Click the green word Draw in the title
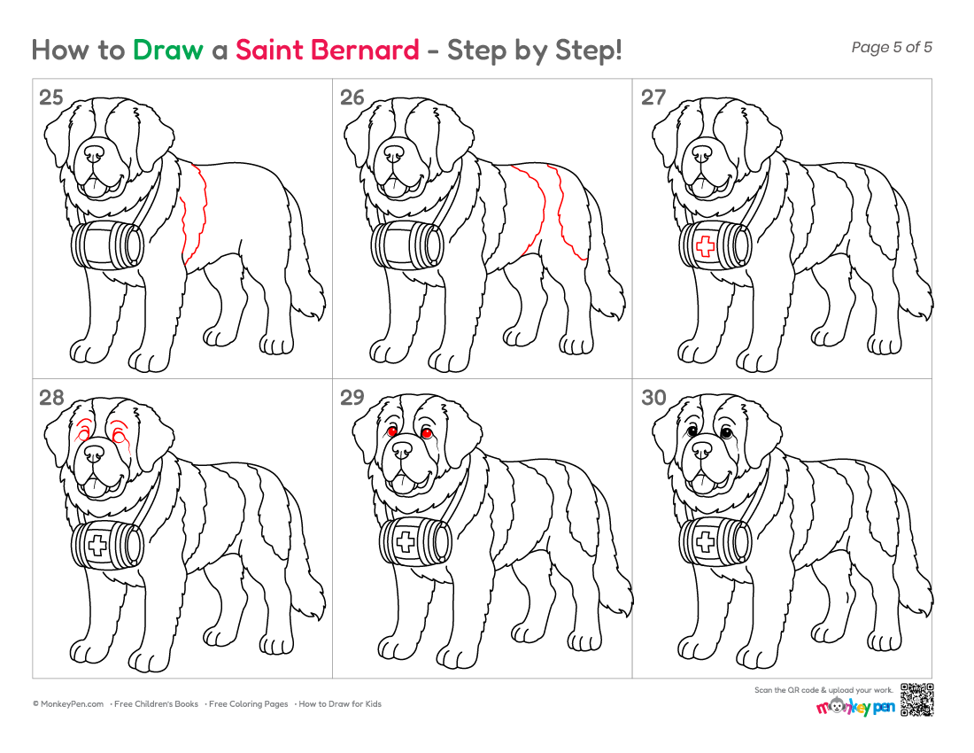click(167, 50)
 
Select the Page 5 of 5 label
click(892, 47)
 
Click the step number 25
click(51, 97)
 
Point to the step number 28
click(51, 397)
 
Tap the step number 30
click(653, 397)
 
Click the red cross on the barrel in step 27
click(705, 246)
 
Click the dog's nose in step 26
click(394, 153)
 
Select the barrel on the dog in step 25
click(107, 245)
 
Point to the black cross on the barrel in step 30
click(705, 542)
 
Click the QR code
click(916, 700)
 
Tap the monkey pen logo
click(855, 706)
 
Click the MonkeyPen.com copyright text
click(68, 704)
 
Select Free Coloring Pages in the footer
click(249, 704)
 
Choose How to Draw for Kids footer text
click(340, 704)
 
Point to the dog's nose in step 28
click(95, 454)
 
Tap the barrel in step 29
click(415, 542)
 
